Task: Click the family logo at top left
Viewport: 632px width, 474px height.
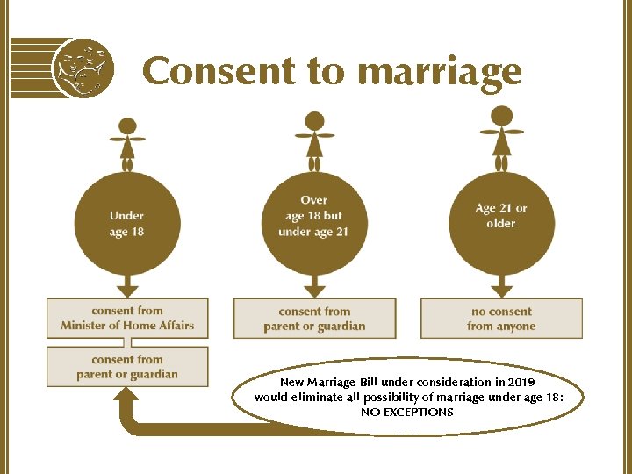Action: pos(83,67)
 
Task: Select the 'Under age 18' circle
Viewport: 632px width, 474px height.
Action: pos(127,223)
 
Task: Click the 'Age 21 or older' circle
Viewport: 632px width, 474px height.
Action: pos(501,216)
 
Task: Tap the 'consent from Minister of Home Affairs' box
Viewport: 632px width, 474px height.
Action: pos(127,318)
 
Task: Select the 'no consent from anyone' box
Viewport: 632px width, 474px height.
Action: pos(501,319)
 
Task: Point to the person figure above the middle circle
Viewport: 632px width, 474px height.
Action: pos(314,140)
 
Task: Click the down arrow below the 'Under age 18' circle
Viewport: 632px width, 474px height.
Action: pos(127,286)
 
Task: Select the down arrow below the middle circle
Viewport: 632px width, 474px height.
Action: pos(314,286)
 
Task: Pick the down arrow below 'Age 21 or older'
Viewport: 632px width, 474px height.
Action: pos(501,286)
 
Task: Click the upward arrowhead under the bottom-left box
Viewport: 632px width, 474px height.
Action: pos(127,399)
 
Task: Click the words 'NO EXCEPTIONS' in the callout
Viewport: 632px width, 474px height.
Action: pos(407,412)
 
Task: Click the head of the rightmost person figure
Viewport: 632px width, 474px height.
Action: pos(501,115)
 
